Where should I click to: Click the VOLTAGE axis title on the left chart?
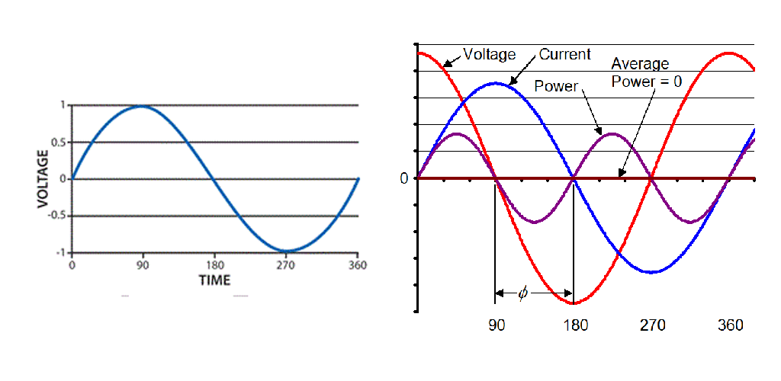[x=43, y=178]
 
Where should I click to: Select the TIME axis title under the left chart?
[x=214, y=280]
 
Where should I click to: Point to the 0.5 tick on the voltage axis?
[x=60, y=142]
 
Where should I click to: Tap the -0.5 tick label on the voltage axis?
[x=58, y=216]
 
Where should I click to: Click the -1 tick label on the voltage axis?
[x=61, y=252]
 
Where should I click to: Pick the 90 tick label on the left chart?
[x=142, y=266]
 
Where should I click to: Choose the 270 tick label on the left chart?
[x=286, y=266]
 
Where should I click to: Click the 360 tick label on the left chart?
[x=357, y=266]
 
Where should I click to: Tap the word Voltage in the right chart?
[x=489, y=55]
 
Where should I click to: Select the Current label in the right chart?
[x=564, y=55]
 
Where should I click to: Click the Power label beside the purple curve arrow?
[x=556, y=86]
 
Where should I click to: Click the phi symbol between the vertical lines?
[x=522, y=293]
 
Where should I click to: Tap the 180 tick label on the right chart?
[x=575, y=325]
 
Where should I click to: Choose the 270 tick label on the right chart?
[x=652, y=325]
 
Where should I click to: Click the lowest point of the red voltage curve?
[x=574, y=303]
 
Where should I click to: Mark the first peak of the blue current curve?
[x=496, y=83]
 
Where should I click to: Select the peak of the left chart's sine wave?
[x=142, y=106]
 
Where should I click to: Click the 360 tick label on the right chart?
[x=731, y=325]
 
